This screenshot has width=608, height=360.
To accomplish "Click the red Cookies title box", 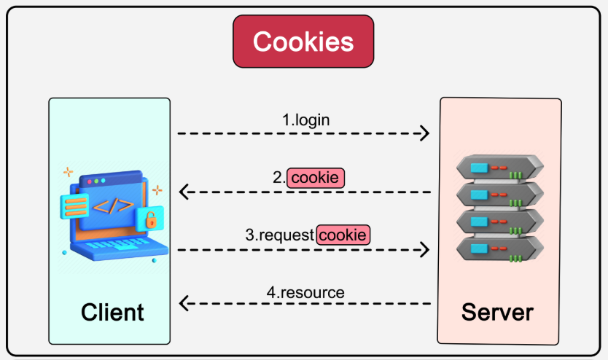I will pos(303,41).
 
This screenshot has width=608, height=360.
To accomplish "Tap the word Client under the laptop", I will pos(112,312).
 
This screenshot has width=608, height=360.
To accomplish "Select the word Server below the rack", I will pos(497,312).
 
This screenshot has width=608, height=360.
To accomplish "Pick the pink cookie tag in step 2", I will pos(316,177).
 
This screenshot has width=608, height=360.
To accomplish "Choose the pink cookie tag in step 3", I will pos(343,235).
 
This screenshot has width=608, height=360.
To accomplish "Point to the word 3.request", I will pos(279,235).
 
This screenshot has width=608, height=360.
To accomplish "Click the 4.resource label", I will pos(305,292).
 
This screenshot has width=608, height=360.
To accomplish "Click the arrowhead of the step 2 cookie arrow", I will pos(183,192).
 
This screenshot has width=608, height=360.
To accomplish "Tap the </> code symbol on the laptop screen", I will pos(114,205).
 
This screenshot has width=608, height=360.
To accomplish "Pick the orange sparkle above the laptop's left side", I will pos(68,173).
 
